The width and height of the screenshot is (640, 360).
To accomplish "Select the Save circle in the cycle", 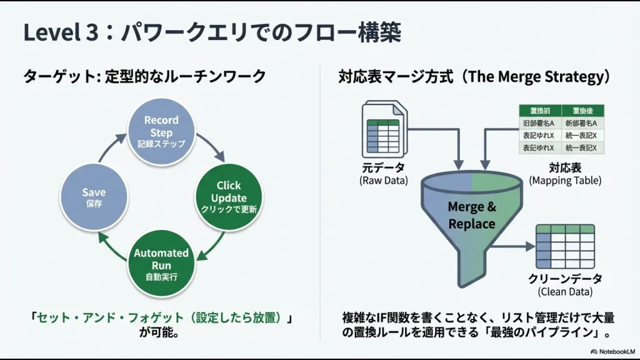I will tap(94, 197).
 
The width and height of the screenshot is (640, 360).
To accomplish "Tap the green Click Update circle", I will tap(229, 197).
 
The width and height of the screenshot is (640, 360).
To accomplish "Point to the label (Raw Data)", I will tap(383, 181).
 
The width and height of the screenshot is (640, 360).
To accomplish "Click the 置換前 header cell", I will tap(540, 110).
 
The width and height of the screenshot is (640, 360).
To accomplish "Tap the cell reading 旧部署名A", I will tap(540, 123).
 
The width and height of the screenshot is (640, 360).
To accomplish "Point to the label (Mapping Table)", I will tap(564, 181).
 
